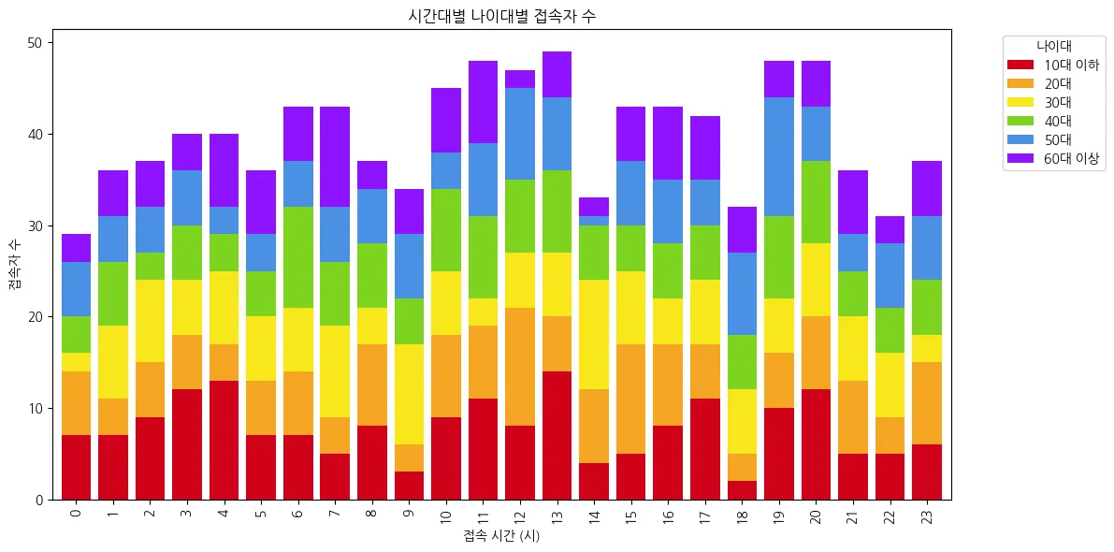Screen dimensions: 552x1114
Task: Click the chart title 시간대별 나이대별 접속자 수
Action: [x=501, y=16]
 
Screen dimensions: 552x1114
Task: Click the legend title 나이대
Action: [x=1053, y=46]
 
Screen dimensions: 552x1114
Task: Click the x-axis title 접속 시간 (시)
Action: [x=501, y=536]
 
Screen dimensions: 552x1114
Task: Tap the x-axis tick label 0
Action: [x=76, y=512]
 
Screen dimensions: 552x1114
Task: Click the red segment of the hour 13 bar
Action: [x=557, y=436]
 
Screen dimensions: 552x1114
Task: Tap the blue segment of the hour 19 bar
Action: [x=779, y=157]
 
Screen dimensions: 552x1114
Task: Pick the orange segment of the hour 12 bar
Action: [x=520, y=368]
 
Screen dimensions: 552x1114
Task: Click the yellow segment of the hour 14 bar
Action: [x=594, y=335]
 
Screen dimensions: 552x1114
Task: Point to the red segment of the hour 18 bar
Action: [x=743, y=490]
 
